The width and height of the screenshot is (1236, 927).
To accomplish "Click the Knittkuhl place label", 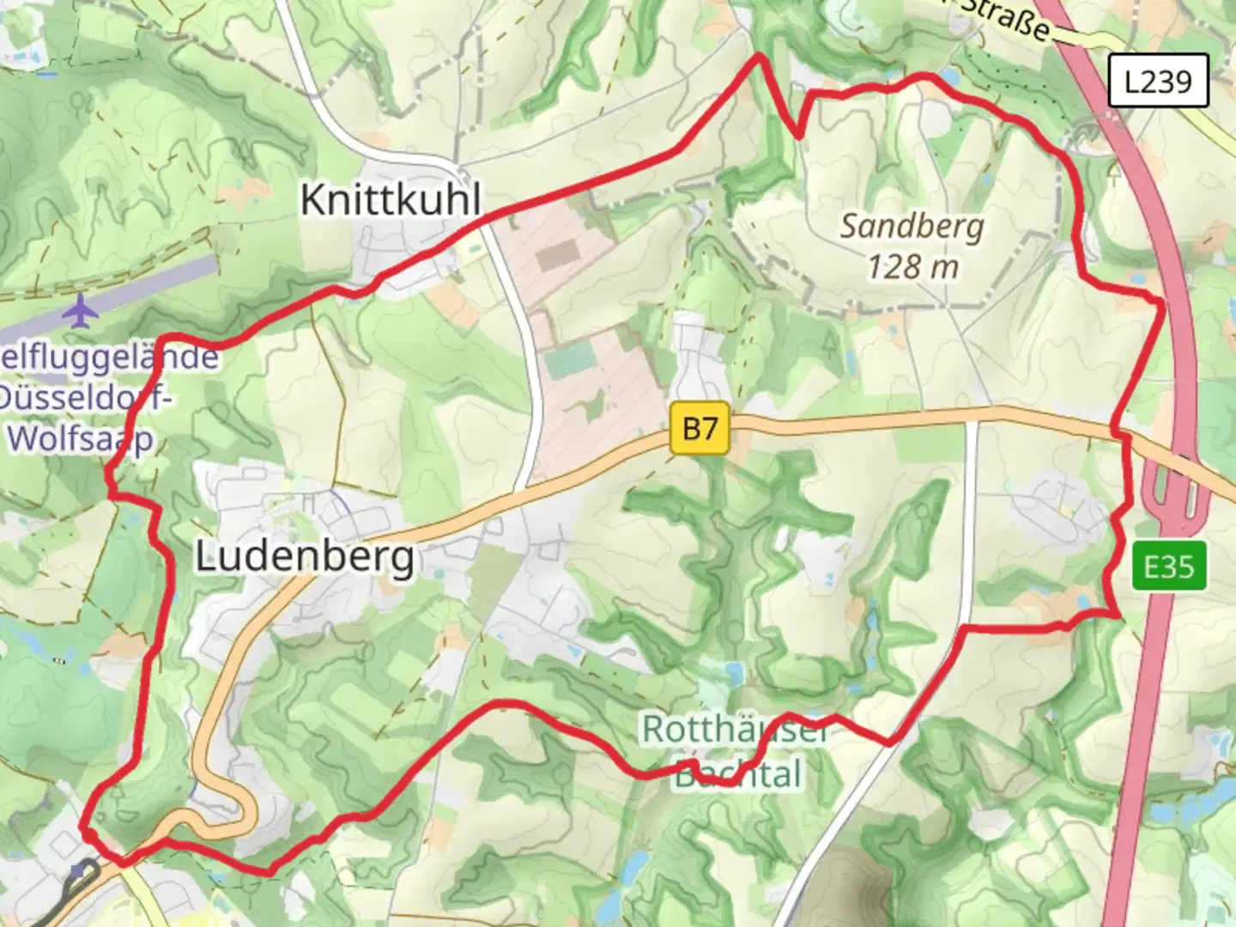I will (x=391, y=200).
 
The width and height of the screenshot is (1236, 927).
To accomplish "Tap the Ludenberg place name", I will (x=306, y=557).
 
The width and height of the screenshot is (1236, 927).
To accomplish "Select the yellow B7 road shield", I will (x=700, y=427).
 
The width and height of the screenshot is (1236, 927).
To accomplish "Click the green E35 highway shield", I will (x=1168, y=566).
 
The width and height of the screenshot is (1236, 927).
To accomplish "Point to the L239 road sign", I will (x=1158, y=82).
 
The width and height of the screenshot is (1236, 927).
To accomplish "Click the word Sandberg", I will (x=912, y=227).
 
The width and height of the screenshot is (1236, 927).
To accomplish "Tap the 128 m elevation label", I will (x=912, y=267).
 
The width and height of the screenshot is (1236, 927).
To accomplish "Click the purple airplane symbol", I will (x=81, y=311).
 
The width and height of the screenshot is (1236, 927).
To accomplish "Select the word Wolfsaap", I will (x=81, y=439).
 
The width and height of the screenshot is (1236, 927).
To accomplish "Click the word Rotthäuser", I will (x=735, y=730).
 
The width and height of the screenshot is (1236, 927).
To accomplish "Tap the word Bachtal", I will (x=738, y=774).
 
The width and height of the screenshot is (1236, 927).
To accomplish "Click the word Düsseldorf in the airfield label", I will (x=86, y=397).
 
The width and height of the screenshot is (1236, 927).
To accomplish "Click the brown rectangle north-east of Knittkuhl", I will (x=559, y=253).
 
